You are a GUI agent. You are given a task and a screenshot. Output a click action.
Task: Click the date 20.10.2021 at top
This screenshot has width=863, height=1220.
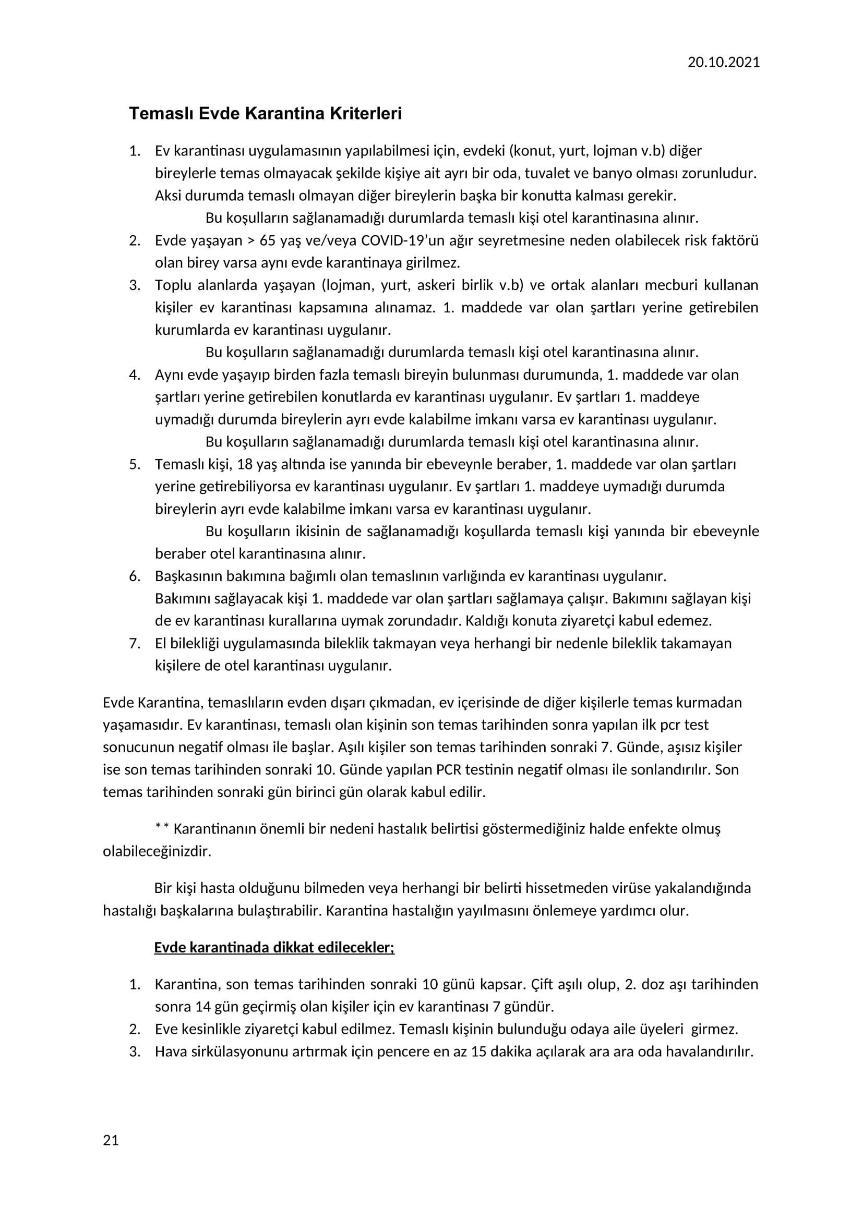[x=723, y=63]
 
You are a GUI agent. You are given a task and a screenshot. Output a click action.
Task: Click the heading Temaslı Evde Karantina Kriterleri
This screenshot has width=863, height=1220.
[x=265, y=114]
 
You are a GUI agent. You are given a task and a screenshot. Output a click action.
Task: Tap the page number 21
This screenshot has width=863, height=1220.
[x=111, y=1140]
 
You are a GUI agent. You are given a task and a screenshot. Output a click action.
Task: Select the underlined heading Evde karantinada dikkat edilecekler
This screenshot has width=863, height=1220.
[x=274, y=948]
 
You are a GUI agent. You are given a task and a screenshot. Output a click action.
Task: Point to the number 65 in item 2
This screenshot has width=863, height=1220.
[x=268, y=240]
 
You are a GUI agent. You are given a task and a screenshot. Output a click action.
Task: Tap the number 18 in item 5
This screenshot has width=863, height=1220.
[x=245, y=464]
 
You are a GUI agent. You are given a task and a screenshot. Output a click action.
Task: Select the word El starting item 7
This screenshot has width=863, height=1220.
[x=161, y=644]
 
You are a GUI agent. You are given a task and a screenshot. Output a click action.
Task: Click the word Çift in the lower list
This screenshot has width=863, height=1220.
[x=543, y=985]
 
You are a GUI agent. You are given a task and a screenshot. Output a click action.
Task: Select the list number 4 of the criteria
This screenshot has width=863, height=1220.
[x=135, y=375]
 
